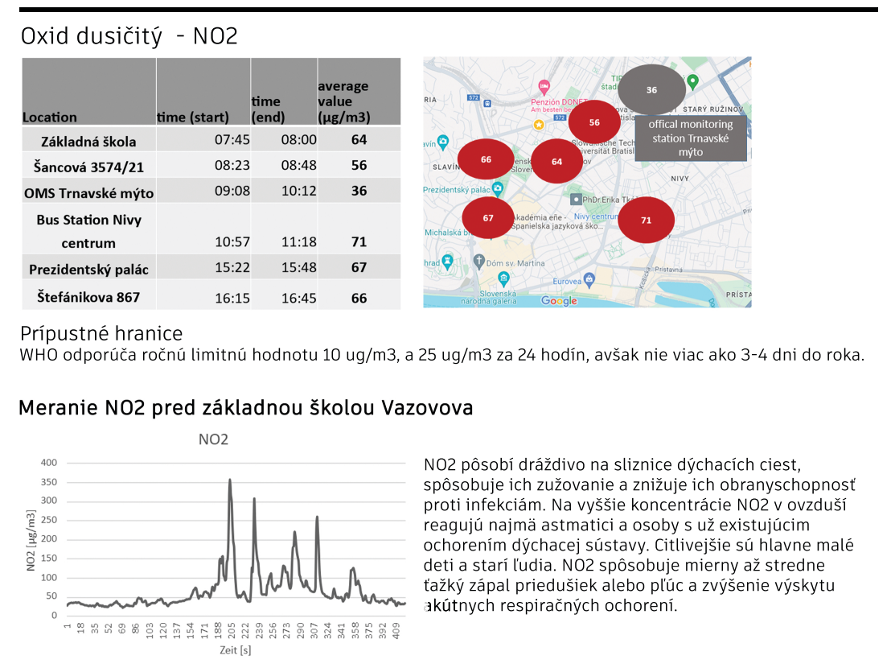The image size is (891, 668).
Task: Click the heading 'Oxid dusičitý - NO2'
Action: click(x=129, y=36)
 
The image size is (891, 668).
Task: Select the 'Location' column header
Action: click(x=50, y=118)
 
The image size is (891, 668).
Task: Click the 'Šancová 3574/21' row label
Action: click(x=88, y=166)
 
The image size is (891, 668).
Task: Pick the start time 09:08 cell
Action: click(x=232, y=192)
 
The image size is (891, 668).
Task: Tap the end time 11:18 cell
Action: click(x=298, y=241)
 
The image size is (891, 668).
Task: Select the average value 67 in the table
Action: click(x=359, y=267)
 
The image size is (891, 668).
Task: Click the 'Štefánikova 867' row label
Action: click(x=88, y=297)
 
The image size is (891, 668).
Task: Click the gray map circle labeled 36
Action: click(x=651, y=90)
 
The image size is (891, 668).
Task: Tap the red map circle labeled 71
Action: click(x=646, y=220)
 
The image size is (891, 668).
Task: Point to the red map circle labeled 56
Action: click(x=594, y=122)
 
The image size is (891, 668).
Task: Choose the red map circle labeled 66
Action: click(x=486, y=159)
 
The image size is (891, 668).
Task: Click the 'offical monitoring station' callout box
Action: click(x=691, y=138)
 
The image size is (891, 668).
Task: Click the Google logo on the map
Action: click(x=559, y=301)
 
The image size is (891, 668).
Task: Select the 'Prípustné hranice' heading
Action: click(x=102, y=333)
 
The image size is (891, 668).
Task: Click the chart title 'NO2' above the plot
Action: click(x=213, y=439)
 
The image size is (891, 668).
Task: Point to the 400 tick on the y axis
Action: click(x=49, y=463)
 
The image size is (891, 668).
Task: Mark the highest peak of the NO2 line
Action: click(x=230, y=480)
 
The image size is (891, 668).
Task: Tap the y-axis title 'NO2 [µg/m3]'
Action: click(x=31, y=540)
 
